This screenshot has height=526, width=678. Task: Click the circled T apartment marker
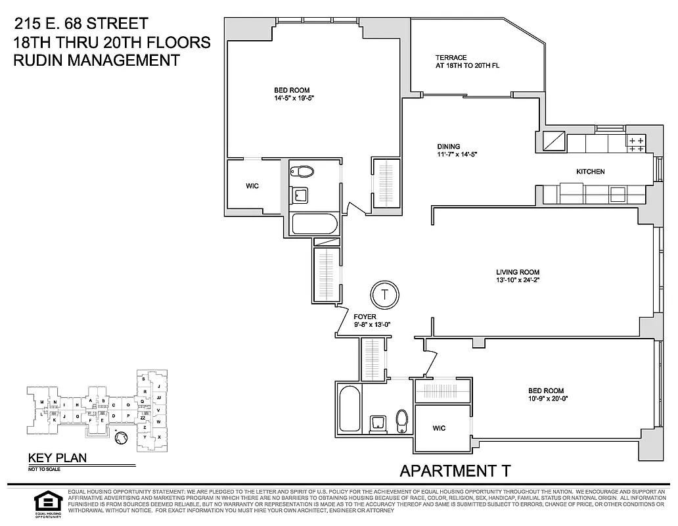385,294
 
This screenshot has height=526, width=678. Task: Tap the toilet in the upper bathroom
304,172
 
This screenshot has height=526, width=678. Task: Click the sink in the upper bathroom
302,194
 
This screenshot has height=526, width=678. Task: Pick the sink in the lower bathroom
378,422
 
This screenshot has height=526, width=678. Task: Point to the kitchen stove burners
636,144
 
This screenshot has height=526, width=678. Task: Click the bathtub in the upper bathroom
314,224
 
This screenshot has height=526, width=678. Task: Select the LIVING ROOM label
518,272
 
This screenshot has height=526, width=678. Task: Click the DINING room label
449,147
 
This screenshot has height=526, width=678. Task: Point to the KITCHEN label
590,172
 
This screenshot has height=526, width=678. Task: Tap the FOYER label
365,316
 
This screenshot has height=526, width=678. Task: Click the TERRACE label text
451,58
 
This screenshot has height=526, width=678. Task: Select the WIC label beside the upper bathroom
252,186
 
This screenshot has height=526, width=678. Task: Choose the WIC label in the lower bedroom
440,428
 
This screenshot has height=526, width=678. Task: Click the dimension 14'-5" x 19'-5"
292,98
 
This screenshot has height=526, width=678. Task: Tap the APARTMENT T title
455,470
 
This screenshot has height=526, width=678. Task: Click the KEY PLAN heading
56,459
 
